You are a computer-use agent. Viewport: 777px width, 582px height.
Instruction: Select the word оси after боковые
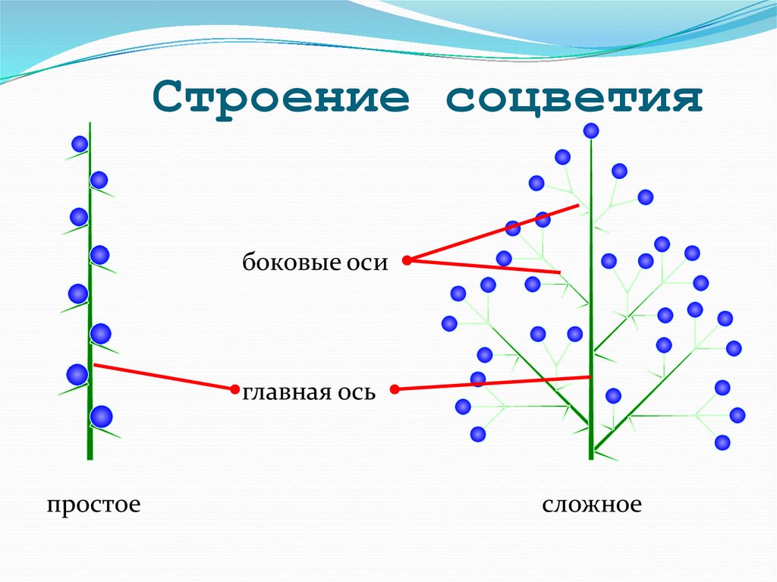367,263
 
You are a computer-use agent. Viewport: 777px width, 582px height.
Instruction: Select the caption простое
93,505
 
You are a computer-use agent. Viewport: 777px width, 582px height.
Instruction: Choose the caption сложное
592,505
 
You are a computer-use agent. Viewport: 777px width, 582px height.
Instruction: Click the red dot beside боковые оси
406,260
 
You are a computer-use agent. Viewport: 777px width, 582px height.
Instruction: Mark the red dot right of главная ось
395,389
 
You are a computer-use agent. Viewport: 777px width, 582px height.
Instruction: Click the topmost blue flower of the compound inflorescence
591,131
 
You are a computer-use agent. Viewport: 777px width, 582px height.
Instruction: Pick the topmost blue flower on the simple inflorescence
80,143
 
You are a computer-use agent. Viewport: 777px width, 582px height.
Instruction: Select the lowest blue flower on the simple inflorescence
101,417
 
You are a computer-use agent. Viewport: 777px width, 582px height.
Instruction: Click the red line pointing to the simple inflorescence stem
163,377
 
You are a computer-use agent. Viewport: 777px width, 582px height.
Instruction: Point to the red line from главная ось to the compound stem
493,383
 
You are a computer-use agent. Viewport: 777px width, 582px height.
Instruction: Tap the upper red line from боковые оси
493,231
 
